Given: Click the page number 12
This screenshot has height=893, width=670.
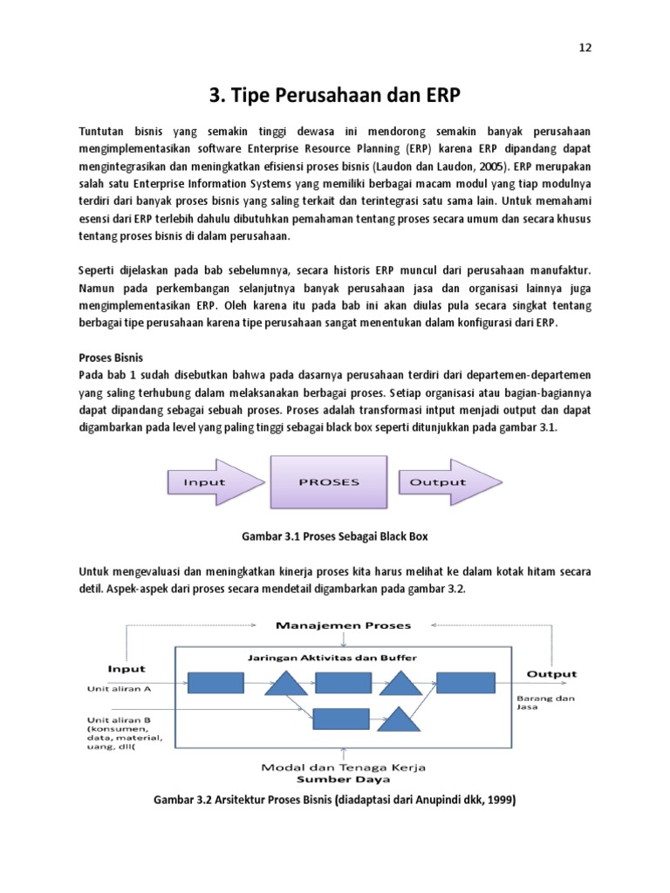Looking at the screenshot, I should pyautogui.click(x=585, y=48).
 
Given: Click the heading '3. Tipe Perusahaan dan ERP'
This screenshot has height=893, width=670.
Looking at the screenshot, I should pyautogui.click(x=335, y=94).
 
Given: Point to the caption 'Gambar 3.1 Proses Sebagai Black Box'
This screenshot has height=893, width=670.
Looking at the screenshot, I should pyautogui.click(x=334, y=535).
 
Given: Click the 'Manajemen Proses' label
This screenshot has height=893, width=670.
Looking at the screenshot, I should pyautogui.click(x=343, y=625).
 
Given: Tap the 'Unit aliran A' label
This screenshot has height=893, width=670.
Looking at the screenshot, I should pyautogui.click(x=120, y=688).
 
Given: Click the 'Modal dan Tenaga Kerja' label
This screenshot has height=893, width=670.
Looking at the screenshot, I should pyautogui.click(x=344, y=767).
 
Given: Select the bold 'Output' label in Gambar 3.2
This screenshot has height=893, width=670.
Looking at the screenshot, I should pyautogui.click(x=551, y=673).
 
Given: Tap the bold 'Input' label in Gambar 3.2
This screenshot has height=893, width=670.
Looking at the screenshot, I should pyautogui.click(x=127, y=669).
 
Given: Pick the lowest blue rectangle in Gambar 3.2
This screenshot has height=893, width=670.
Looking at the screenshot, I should pyautogui.click(x=340, y=719).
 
